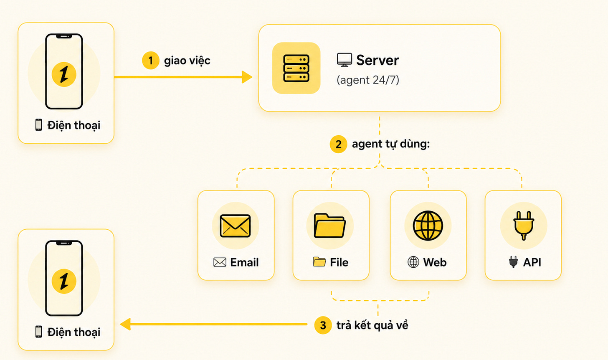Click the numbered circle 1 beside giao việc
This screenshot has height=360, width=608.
click(x=150, y=60)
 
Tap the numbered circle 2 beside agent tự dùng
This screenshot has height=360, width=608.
click(x=338, y=144)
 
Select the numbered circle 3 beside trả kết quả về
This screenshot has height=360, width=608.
click(x=323, y=325)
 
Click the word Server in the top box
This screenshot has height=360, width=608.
click(x=377, y=60)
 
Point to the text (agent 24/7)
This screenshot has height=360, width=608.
click(x=368, y=80)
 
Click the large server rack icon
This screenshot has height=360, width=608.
click(x=296, y=68)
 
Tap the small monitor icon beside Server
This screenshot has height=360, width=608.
click(x=345, y=60)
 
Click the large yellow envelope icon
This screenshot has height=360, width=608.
click(x=235, y=226)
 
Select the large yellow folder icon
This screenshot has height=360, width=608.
click(x=329, y=226)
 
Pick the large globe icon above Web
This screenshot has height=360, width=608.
click(x=428, y=226)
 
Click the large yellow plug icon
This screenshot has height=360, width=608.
click(x=524, y=226)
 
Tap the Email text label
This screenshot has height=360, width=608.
click(x=244, y=262)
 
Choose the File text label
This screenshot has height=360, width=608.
click(x=339, y=262)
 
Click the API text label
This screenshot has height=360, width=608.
click(x=532, y=262)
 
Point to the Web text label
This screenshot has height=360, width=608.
click(x=435, y=262)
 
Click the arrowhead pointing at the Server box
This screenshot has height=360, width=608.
click(x=247, y=77)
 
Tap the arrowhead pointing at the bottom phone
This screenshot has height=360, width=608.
click(x=125, y=324)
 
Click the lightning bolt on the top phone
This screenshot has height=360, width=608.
click(x=64, y=74)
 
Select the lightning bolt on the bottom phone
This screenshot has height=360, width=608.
click(x=64, y=281)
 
